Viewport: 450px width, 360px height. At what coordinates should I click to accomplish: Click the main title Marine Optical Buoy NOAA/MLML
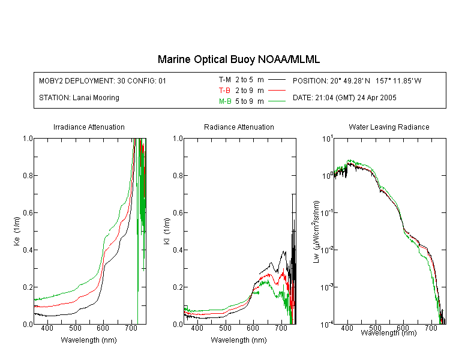238,59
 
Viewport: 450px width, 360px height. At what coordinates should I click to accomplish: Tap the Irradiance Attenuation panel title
89,127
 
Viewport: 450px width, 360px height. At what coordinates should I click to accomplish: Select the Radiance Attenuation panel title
239,127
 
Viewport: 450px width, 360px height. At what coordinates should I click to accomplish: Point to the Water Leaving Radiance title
389,127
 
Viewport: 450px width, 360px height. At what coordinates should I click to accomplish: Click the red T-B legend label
224,91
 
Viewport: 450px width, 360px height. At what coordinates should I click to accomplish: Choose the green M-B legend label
225,101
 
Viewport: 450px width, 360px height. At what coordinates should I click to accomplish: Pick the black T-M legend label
225,80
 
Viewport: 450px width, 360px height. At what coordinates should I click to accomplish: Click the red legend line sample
277,91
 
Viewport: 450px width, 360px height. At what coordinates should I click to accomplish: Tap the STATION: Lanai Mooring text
79,98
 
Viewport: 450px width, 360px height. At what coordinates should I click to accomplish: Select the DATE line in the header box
344,98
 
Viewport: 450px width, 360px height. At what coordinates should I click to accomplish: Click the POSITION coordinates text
357,80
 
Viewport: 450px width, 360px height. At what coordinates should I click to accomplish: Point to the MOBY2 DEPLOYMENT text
103,80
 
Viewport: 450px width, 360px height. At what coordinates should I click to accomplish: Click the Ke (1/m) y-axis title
17,231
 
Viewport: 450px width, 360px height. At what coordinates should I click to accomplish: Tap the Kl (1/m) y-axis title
167,231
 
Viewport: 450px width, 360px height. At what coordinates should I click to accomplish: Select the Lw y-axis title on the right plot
316,232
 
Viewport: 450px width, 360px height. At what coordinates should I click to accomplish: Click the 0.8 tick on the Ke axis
28,175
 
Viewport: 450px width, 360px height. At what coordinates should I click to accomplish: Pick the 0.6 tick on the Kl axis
178,213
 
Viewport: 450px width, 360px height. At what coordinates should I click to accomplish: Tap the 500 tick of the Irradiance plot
75,328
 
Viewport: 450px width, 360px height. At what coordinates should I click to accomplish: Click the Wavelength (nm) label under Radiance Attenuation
239,340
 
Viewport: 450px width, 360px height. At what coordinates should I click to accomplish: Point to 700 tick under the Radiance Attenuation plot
281,328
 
